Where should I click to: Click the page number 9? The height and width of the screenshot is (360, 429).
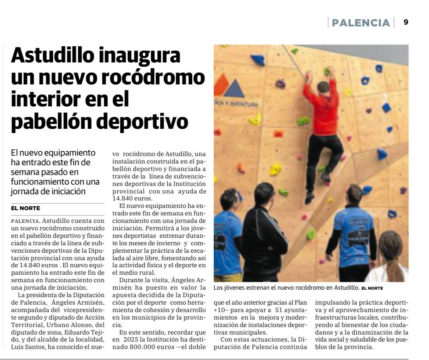[406, 22]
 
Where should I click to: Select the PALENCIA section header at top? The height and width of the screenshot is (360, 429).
[361, 23]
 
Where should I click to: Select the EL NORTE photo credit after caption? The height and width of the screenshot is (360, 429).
[372, 288]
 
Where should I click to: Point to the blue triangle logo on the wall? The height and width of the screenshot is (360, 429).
[234, 88]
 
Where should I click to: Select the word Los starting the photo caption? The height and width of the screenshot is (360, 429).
[219, 288]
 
